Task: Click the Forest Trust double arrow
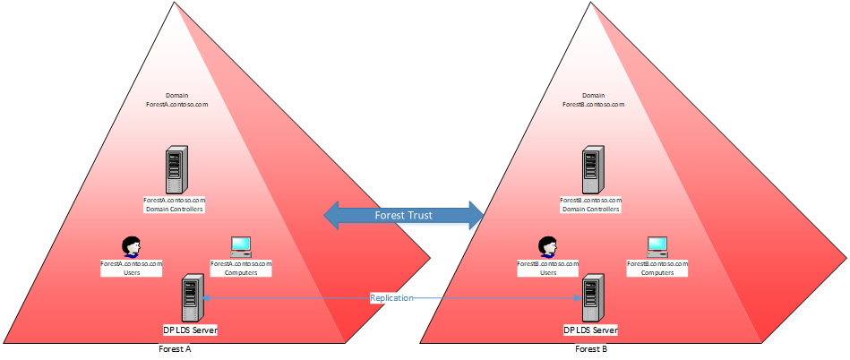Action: click(402, 215)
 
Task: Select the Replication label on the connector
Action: click(391, 297)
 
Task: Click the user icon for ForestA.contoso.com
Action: click(132, 246)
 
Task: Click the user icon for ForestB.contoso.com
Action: click(547, 246)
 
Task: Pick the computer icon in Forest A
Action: click(240, 246)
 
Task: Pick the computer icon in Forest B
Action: click(657, 246)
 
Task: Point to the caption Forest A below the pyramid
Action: click(176, 350)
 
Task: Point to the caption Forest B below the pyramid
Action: click(592, 350)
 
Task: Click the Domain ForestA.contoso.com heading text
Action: click(176, 100)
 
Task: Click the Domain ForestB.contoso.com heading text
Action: click(592, 100)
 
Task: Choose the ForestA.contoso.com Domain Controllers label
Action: click(176, 204)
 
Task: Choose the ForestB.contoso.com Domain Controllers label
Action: click(590, 204)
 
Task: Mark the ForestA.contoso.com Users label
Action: click(132, 268)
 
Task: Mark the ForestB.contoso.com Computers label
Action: click(657, 268)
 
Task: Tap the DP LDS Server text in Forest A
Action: click(191, 330)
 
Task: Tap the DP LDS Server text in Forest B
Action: click(591, 330)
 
